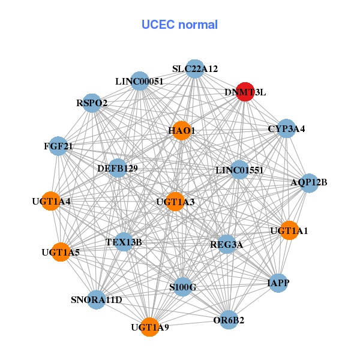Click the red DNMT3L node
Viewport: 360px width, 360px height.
pyautogui.click(x=245, y=92)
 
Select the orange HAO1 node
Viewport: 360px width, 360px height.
pyautogui.click(x=181, y=131)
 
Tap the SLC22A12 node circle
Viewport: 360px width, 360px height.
pyautogui.click(x=194, y=69)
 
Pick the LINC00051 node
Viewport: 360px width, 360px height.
pyautogui.click(x=139, y=81)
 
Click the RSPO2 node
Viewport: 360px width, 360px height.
pyautogui.click(x=92, y=103)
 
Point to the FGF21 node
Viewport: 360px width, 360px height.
pyautogui.click(x=58, y=146)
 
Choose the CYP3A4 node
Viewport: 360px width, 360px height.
pyautogui.click(x=286, y=128)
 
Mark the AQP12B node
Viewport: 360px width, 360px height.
pyautogui.click(x=308, y=182)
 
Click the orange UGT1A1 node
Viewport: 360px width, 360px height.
pyautogui.click(x=289, y=230)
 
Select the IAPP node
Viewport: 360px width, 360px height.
pyautogui.click(x=277, y=283)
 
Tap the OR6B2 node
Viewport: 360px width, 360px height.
pyautogui.click(x=229, y=320)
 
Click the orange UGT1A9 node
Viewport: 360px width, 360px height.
pyautogui.click(x=150, y=327)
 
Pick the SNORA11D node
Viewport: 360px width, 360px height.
pyautogui.click(x=97, y=299)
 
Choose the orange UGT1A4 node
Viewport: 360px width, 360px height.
pyautogui.click(x=52, y=201)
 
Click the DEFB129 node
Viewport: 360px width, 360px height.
pyautogui.click(x=118, y=169)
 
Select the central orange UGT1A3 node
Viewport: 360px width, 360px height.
pyautogui.click(x=175, y=202)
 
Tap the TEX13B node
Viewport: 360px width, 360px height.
pyautogui.click(x=124, y=242)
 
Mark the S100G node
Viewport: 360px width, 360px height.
pyautogui.click(x=182, y=287)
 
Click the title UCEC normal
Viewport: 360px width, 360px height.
pyautogui.click(x=179, y=25)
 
